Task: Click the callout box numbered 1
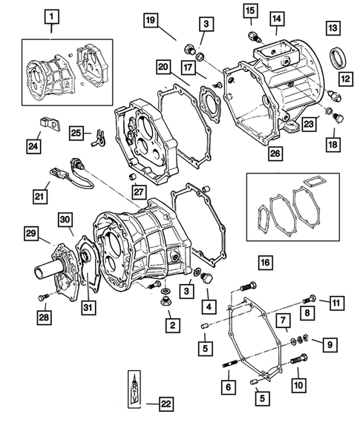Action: click(50, 15)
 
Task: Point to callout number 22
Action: click(166, 404)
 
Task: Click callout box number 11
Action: click(336, 302)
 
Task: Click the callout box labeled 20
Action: click(164, 68)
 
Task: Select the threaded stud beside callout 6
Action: click(228, 363)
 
